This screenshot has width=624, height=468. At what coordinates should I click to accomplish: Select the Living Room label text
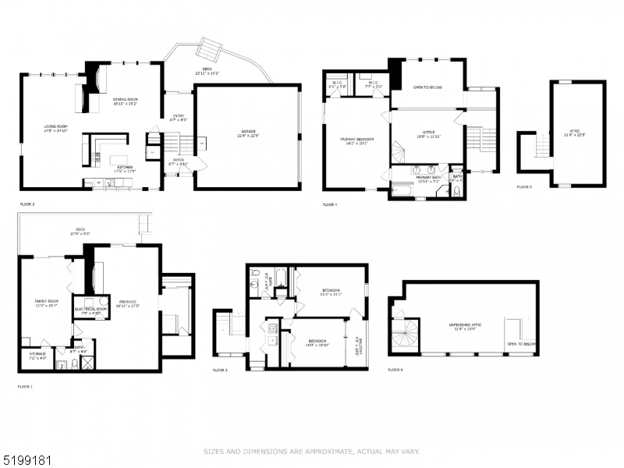[x=55, y=128]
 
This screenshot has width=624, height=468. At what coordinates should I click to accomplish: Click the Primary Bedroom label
[x=357, y=141]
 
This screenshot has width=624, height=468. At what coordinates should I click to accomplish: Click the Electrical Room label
[x=90, y=310]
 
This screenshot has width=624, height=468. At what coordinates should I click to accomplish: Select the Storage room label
[x=37, y=355]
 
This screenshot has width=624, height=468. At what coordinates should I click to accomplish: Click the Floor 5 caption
[x=524, y=187]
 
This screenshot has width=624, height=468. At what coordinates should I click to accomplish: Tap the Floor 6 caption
[x=395, y=369]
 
